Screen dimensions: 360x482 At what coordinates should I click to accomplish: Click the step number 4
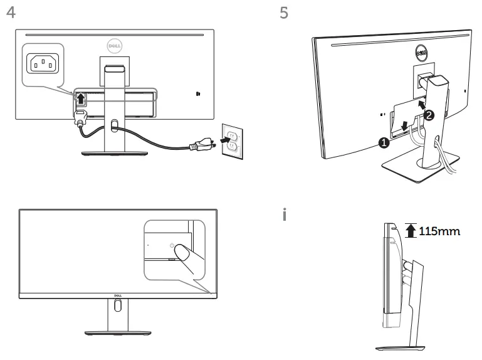point(9,13)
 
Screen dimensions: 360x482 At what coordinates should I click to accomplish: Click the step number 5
point(284,13)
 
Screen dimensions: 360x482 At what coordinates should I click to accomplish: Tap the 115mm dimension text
point(439,231)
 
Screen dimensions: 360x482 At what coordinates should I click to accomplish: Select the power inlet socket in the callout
point(43,63)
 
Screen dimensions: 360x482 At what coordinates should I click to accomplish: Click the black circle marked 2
point(429,115)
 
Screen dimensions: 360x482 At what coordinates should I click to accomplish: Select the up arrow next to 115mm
point(411,231)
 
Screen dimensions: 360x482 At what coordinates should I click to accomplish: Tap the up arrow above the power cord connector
point(80,98)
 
